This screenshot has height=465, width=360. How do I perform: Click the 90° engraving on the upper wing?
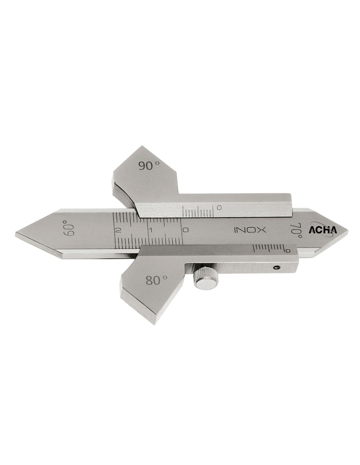(x=149, y=166)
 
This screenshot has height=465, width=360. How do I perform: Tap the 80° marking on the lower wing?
(x=156, y=280)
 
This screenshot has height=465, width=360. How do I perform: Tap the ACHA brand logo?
(x=323, y=230)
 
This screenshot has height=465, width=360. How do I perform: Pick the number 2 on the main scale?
(x=118, y=230)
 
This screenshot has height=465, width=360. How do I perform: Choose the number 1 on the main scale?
(x=151, y=230)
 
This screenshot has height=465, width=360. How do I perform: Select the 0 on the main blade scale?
(x=186, y=230)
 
